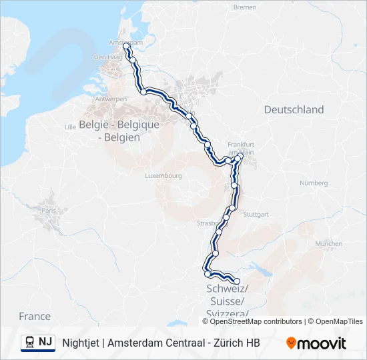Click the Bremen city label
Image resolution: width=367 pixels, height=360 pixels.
point(244,7)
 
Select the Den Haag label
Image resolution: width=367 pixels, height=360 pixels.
point(105,57)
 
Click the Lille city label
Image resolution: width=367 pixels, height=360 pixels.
point(69,125)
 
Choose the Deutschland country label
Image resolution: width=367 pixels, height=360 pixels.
point(294,109)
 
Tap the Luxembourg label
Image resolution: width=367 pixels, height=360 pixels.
point(163,176)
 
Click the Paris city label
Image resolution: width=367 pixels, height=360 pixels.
point(49,211)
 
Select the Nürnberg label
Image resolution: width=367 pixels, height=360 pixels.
point(314,182)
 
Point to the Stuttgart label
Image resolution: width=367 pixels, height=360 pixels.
point(257,214)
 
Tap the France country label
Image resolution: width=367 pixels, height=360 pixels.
point(35,316)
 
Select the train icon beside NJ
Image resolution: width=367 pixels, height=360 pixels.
point(30,343)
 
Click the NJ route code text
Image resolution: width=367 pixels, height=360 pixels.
point(45,343)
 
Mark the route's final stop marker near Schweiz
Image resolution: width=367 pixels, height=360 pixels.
point(237,280)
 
